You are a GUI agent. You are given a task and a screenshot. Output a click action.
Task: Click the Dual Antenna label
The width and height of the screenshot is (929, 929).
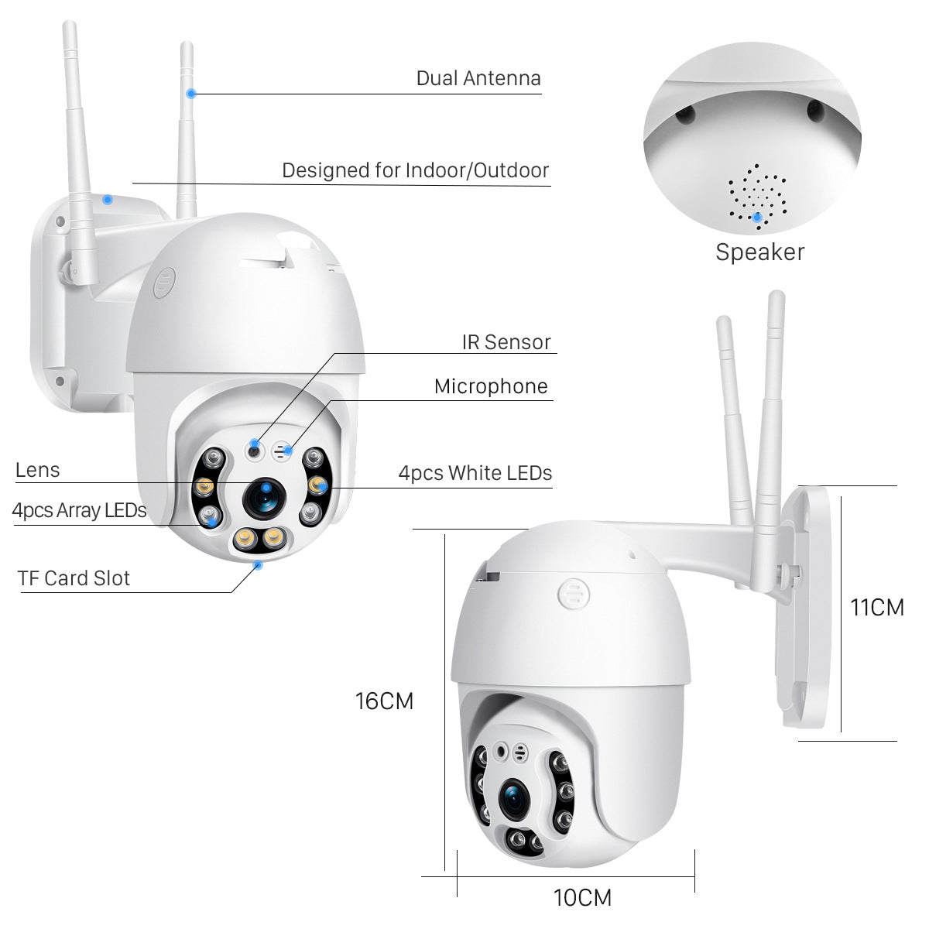pos(478,78)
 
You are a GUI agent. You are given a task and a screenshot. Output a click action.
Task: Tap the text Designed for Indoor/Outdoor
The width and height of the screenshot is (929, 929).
pos(415,170)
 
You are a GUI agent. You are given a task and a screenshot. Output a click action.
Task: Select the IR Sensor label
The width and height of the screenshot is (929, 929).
pos(506,342)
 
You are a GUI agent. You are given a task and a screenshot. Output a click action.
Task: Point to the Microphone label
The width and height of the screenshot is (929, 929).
pos(491,386)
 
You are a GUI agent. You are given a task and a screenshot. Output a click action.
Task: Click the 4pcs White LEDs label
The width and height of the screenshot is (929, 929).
pos(475,472)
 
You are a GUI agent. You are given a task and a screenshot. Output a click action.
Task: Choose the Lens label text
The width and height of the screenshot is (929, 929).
pos(37,470)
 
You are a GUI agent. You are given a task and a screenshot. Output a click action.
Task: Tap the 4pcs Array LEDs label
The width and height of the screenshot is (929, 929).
pos(79,510)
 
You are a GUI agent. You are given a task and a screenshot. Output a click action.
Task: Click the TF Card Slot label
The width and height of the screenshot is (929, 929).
pos(74,578)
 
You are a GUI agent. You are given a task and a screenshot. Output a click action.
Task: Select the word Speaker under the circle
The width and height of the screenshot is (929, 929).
pos(759,252)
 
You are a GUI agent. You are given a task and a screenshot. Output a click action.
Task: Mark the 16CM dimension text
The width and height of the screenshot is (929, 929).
pos(385,701)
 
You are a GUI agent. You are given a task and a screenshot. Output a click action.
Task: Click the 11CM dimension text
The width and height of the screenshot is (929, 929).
pos(877,607)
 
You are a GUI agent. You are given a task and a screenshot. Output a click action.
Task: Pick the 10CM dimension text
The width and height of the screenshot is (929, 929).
pos(582,897)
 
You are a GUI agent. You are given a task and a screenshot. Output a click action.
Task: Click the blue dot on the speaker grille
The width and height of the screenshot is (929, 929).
pos(757,217)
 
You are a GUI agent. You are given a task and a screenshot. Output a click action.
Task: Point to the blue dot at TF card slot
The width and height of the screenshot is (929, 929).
pos(258,565)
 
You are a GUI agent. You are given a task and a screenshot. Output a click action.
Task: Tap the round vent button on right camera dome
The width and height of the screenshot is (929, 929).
pos(573,595)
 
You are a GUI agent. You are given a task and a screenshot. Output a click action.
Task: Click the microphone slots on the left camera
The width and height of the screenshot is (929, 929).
pos(285,449)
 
